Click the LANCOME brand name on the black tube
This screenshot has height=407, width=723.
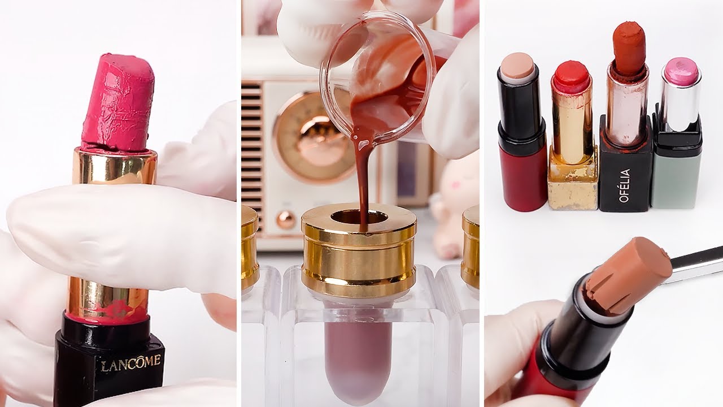click(x=130, y=362)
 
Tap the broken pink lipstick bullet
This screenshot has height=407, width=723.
click(x=118, y=105)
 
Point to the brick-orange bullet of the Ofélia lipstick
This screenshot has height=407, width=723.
click(x=629, y=48)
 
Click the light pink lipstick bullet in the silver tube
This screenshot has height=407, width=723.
click(x=681, y=72)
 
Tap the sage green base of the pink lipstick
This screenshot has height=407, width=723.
click(x=676, y=178)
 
